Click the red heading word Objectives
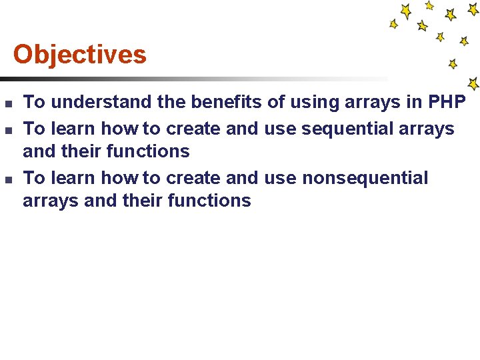[79, 55]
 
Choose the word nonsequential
[365, 178]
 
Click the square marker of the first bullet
[7, 103]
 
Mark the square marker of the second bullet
[7, 129]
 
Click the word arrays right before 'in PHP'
[369, 102]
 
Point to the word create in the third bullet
[194, 178]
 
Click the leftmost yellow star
[393, 24]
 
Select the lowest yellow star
[473, 84]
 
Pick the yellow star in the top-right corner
[474, 9]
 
